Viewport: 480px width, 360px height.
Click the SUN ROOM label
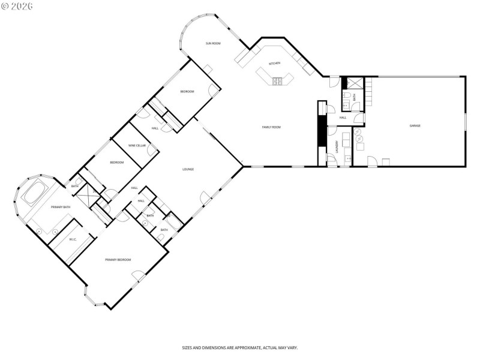(x=213, y=44)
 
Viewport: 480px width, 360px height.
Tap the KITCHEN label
(x=274, y=64)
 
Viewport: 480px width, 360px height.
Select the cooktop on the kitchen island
(x=277, y=80)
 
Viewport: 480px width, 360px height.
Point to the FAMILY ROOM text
(x=271, y=127)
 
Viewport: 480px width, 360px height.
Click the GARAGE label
(x=415, y=126)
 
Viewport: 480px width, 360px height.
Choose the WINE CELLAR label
(x=137, y=146)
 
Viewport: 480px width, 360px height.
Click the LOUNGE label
(x=188, y=170)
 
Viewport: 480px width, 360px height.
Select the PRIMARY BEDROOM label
(x=118, y=260)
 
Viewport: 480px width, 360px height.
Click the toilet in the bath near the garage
(x=347, y=97)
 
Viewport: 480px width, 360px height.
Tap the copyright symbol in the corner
(x=5, y=6)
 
